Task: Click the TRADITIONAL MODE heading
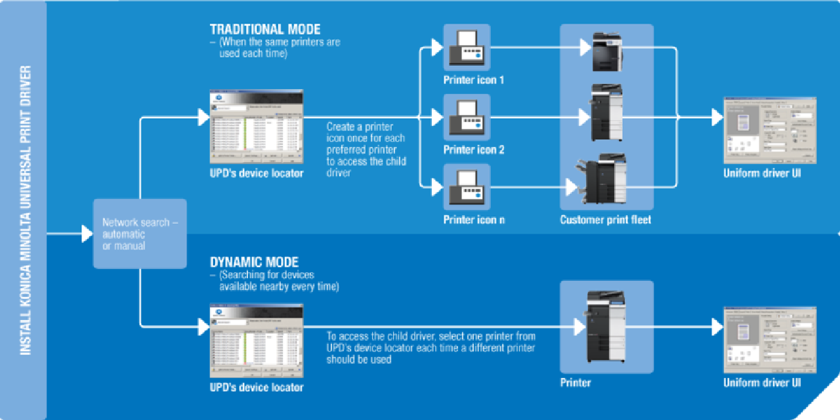point(265,30)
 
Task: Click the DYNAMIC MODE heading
point(254,262)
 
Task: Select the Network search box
point(140,234)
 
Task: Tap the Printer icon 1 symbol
point(467,47)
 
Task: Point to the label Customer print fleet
point(605,220)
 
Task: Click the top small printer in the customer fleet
point(606,52)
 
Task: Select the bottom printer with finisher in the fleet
point(602,180)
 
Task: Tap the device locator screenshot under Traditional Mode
point(257,127)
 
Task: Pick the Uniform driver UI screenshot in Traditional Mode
point(770,130)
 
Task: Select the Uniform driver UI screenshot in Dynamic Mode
point(770,339)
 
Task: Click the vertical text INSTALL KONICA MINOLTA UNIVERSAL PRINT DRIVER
point(25,210)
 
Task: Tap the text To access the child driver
point(430,347)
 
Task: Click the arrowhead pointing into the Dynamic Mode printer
point(579,326)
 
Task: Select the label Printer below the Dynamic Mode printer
point(575,383)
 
